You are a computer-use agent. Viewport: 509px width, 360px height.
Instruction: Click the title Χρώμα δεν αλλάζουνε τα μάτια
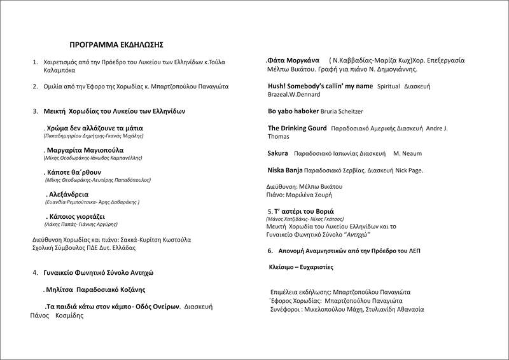pos(95,128)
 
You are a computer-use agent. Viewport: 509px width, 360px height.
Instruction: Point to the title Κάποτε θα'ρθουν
pos(75,172)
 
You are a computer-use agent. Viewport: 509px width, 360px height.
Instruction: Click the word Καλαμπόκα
pos(59,71)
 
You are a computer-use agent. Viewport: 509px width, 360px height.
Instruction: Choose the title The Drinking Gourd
pos(298,128)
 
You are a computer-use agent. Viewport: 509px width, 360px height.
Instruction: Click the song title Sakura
pos(277,153)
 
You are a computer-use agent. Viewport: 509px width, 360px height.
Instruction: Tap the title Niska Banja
pos(284,170)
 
